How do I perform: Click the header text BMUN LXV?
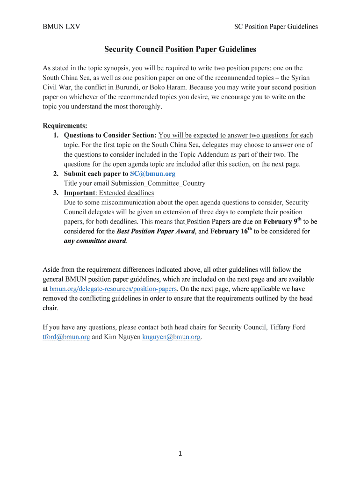coord(61,27)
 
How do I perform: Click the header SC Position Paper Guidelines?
coord(276,27)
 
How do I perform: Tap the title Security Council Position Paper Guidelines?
coord(180,49)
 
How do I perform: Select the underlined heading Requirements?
coord(65,126)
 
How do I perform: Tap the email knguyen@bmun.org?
coord(172,337)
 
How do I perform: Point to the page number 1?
coord(180,453)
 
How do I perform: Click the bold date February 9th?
coord(282,221)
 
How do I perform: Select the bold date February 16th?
coord(231,231)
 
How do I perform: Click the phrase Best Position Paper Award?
coord(155,231)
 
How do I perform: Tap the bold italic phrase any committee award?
coord(95,241)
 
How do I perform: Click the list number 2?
coord(55,174)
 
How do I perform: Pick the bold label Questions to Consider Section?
coord(110,136)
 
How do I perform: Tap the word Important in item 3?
coord(79,193)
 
